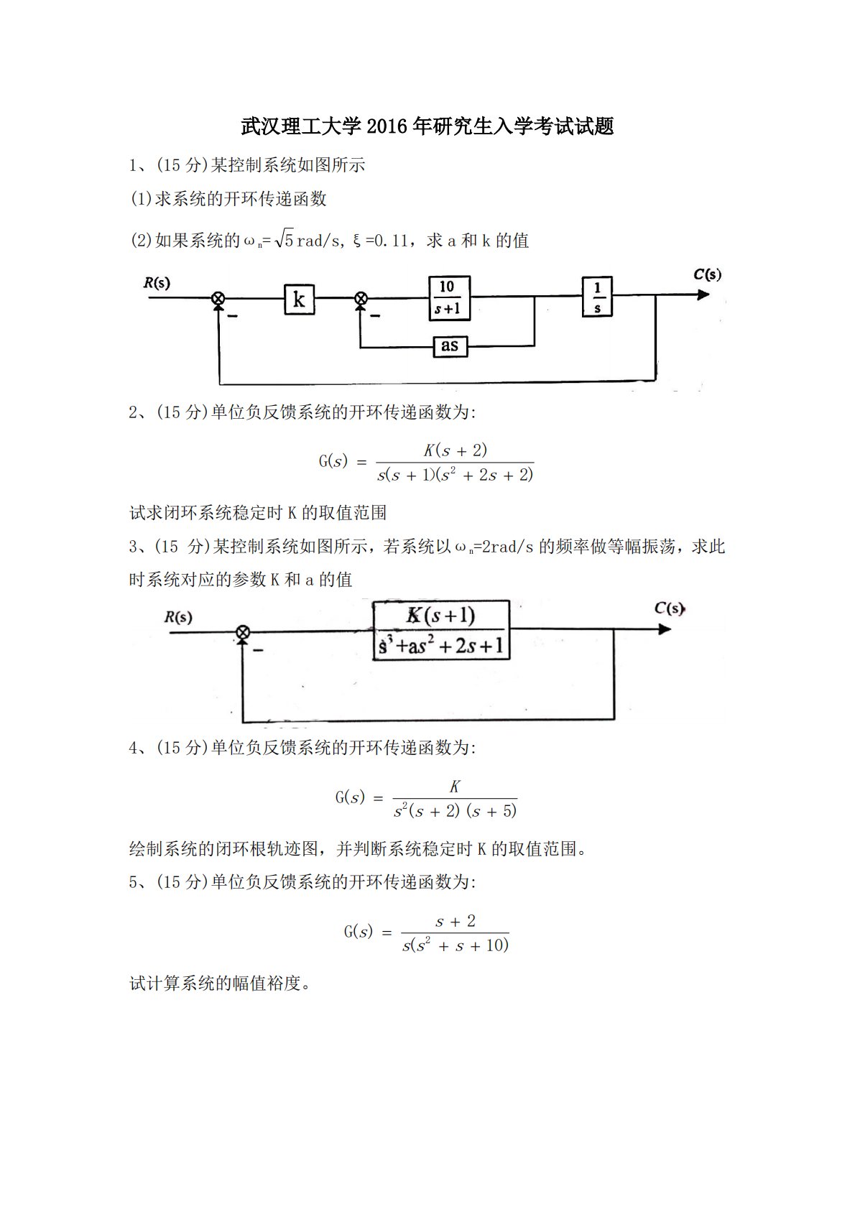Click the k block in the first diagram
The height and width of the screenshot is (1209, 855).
[299, 298]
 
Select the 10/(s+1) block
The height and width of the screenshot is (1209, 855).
[449, 297]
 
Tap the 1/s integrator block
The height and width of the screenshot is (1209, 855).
[597, 297]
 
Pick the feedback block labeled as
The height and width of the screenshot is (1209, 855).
[449, 346]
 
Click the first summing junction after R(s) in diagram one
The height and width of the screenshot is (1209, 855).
[218, 298]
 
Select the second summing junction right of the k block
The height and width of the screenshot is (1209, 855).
[361, 298]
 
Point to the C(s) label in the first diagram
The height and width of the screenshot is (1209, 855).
[707, 274]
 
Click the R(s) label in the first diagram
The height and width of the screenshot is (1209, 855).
[157, 282]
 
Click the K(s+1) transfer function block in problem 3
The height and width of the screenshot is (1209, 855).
[441, 630]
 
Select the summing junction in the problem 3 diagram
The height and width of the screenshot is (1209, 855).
[244, 631]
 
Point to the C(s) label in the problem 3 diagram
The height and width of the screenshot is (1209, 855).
[669, 608]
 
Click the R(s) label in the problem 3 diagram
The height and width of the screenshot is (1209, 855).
[178, 616]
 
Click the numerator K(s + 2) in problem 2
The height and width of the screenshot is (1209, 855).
[455, 450]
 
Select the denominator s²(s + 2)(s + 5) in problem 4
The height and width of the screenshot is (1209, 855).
[455, 811]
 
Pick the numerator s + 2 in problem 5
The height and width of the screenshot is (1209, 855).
[456, 921]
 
